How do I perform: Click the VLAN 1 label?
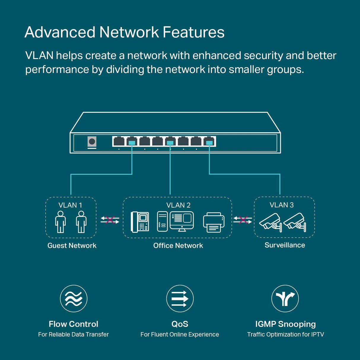[70, 205]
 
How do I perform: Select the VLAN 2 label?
[178, 205]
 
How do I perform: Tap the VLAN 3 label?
[281, 205]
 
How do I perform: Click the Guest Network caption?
[72, 246]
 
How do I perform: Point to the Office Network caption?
[178, 246]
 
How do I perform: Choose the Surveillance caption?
[285, 245]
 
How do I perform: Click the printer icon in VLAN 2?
[214, 222]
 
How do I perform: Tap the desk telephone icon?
[140, 222]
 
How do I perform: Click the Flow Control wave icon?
[74, 299]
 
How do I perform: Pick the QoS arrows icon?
[180, 299]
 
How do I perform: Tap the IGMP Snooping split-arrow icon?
[285, 299]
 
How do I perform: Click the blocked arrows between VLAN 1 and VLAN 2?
[110, 220]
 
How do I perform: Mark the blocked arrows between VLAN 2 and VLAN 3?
[243, 220]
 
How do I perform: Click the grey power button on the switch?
[92, 142]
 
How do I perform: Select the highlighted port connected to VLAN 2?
[170, 141]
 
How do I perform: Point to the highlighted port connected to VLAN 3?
[209, 141]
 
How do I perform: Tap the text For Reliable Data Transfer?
[73, 334]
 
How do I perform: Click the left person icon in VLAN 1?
[60, 222]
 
